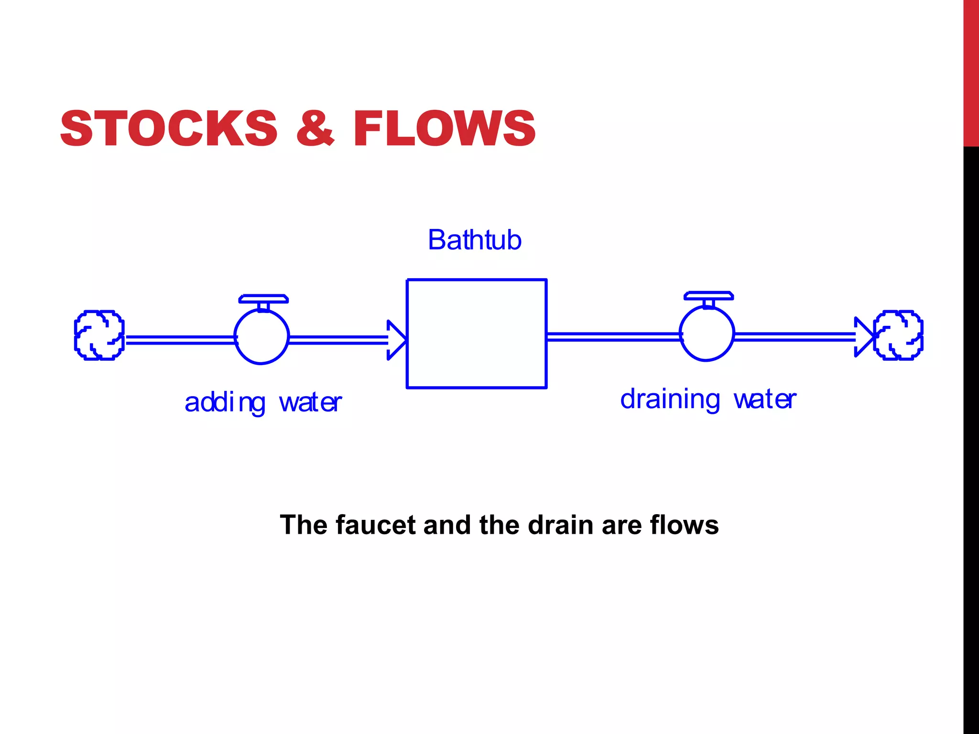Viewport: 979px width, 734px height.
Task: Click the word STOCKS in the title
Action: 168,128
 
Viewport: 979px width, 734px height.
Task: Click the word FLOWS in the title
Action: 444,128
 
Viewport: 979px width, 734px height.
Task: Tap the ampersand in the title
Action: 315,128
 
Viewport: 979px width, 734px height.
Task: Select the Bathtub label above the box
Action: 474,240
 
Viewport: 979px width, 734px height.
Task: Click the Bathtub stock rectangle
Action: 476,334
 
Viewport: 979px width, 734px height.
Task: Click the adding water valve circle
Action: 261,337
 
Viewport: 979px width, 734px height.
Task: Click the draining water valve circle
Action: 707,334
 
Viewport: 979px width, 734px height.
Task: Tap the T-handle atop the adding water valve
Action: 263,299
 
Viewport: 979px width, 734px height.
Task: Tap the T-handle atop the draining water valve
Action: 708,296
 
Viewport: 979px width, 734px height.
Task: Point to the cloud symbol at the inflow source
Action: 99,335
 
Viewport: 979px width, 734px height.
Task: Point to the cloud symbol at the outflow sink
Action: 898,335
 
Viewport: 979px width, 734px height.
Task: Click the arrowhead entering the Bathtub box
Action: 396,340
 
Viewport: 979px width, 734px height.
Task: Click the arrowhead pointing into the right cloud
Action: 863,337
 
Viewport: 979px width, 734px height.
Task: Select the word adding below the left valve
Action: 225,403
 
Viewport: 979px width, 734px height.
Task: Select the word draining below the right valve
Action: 669,399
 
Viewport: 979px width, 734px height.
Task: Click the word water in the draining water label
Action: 765,399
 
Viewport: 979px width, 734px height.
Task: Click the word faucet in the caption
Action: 376,525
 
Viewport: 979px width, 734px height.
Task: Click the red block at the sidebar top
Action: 971,73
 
